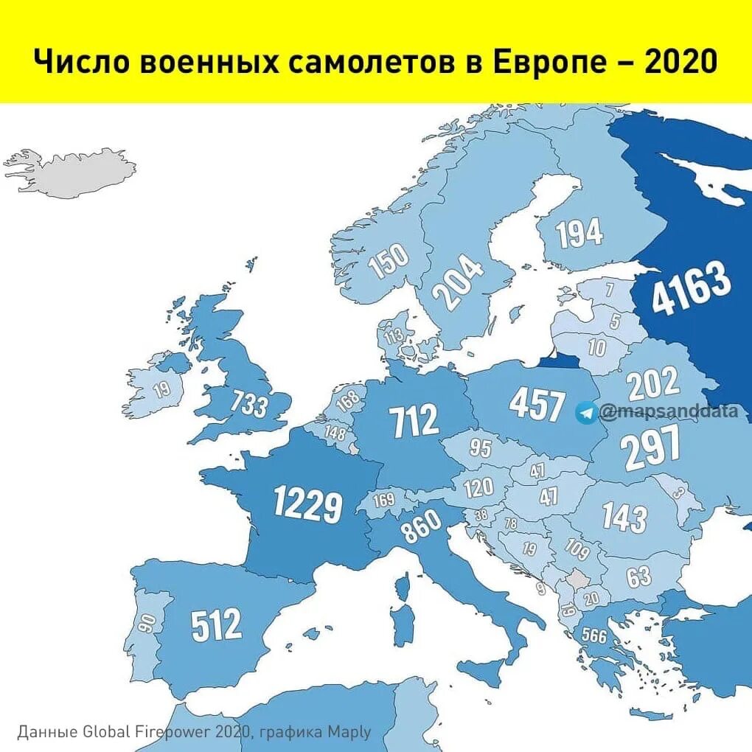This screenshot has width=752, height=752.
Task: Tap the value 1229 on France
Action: (307, 504)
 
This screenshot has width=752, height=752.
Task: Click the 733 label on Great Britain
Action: (249, 404)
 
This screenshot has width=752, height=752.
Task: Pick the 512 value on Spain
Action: (216, 626)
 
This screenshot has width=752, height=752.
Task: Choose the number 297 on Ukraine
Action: (650, 449)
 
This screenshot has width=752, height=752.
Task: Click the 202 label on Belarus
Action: (653, 383)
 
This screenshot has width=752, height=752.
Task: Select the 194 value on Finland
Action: (579, 234)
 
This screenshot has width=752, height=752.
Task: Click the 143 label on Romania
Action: (624, 518)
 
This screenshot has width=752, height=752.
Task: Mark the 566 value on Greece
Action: (594, 636)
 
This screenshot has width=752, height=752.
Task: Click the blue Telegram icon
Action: (587, 413)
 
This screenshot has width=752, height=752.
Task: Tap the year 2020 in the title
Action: (679, 62)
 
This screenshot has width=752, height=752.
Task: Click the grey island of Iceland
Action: (74, 169)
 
